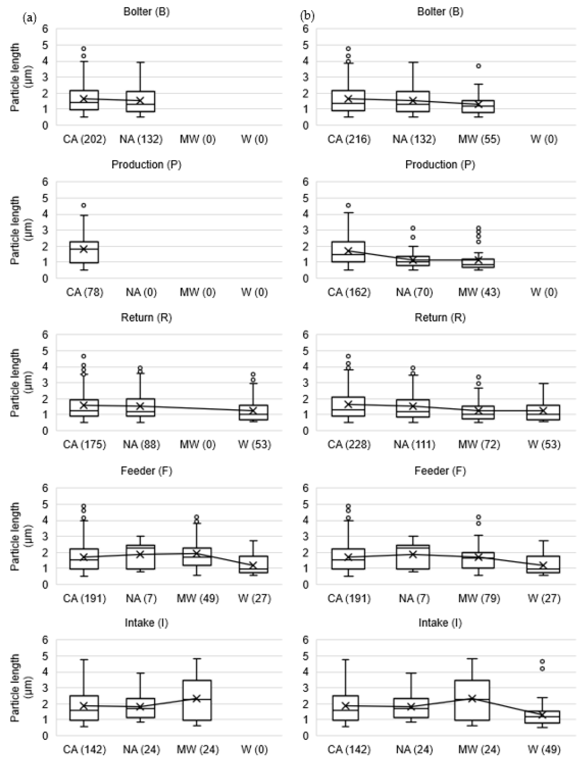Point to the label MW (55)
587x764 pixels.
click(479, 139)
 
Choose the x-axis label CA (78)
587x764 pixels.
click(85, 292)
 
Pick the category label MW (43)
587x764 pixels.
click(479, 292)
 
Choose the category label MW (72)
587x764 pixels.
click(479, 445)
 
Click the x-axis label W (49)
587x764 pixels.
click(544, 750)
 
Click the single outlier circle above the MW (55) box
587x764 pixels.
click(479, 66)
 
